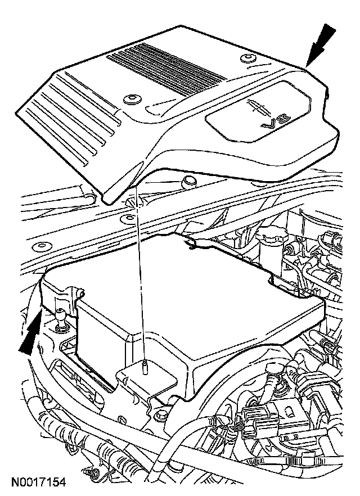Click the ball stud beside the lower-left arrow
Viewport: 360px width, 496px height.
point(61,321)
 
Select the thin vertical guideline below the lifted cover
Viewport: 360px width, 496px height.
point(141,281)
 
